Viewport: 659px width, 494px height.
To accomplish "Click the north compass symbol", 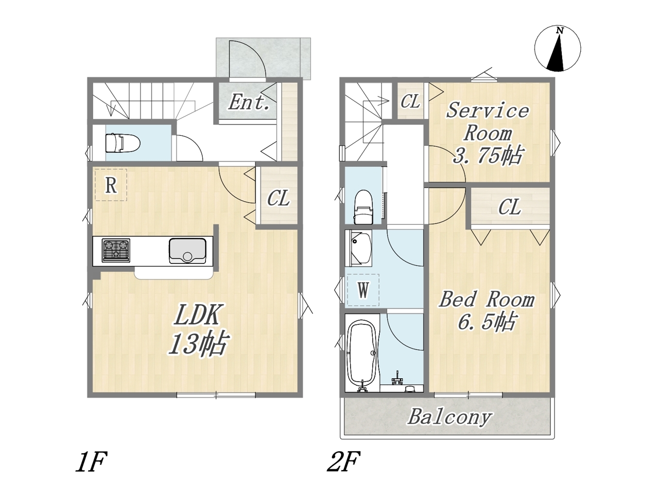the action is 557,49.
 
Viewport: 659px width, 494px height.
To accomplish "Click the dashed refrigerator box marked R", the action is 111,185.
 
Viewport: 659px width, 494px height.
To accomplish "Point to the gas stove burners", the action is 116,251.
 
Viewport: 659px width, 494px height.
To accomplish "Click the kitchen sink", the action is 187,251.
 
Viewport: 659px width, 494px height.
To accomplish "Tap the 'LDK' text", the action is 197,314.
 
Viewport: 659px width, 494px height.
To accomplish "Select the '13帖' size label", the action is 198,343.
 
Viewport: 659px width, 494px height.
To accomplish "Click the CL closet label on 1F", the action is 279,198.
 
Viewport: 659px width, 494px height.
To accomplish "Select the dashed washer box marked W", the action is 363,290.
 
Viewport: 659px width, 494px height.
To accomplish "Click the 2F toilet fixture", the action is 363,206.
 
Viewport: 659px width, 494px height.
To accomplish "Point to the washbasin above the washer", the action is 358,248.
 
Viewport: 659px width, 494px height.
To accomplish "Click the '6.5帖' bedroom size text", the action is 487,321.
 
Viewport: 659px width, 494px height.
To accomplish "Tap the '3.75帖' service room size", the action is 488,155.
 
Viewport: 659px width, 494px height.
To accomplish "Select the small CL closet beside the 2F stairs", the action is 410,101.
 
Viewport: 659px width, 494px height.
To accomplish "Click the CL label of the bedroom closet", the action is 510,207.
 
